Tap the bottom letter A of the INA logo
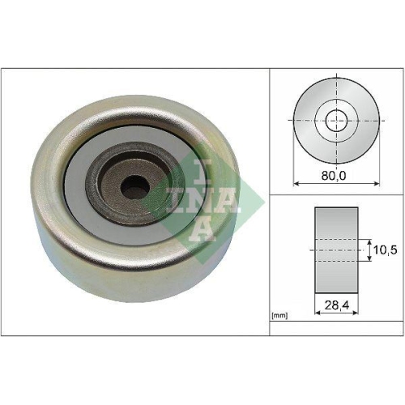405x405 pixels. point(202,228)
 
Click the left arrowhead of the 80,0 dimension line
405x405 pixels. point(296,183)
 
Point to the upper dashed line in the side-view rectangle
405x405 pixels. point(336,239)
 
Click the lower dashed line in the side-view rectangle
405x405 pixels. point(336,262)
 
